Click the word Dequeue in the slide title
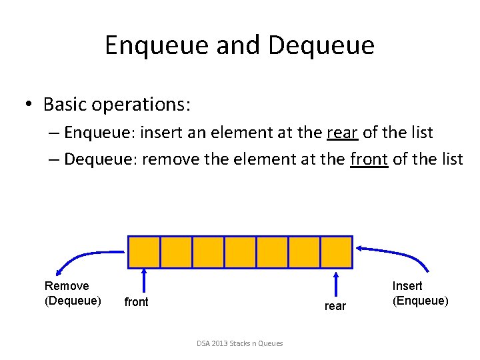[x=321, y=45]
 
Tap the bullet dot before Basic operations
[x=29, y=105]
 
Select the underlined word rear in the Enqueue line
[x=343, y=133]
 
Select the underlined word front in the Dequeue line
[x=368, y=159]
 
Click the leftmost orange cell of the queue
[x=144, y=252]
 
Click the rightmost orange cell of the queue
[x=337, y=252]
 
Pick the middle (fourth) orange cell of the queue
[x=240, y=252]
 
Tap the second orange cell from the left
[x=176, y=252]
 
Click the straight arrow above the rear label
[x=335, y=283]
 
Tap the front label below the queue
[x=137, y=302]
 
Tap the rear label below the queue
[x=335, y=306]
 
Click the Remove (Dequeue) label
[x=73, y=293]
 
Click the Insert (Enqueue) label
[x=420, y=293]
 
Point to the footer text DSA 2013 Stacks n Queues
[x=240, y=343]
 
